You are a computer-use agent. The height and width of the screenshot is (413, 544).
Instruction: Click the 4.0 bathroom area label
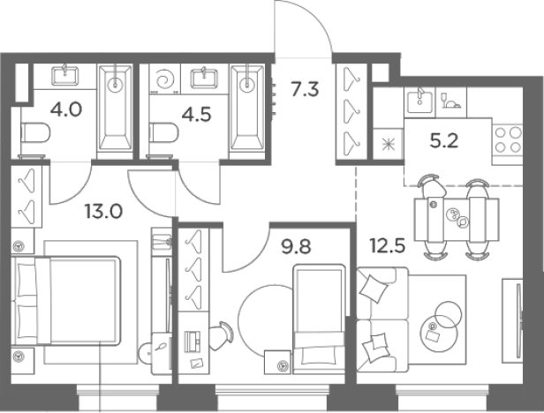click(66, 109)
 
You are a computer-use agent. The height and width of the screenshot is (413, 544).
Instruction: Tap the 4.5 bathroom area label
click(196, 115)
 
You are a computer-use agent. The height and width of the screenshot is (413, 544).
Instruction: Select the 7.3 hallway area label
click(305, 89)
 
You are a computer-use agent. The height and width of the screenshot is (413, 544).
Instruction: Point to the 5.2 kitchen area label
click(444, 141)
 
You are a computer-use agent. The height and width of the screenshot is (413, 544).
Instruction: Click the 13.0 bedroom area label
click(103, 211)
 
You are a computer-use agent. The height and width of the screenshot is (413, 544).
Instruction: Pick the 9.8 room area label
click(296, 247)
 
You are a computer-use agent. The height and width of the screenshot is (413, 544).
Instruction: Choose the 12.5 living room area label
click(387, 246)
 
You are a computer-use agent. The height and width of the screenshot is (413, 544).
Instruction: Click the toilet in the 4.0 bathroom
click(35, 132)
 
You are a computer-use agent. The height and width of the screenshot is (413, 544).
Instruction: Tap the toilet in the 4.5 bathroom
click(164, 132)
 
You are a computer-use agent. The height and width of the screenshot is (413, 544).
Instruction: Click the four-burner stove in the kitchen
click(508, 139)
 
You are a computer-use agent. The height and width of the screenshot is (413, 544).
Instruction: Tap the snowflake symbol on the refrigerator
click(389, 145)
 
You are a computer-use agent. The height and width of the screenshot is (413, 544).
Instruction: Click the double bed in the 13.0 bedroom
click(66, 301)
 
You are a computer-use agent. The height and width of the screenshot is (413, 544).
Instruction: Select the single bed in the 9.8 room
click(319, 319)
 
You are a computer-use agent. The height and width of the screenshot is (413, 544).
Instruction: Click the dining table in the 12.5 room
click(457, 221)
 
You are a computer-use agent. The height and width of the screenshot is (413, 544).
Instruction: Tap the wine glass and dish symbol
click(451, 101)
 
